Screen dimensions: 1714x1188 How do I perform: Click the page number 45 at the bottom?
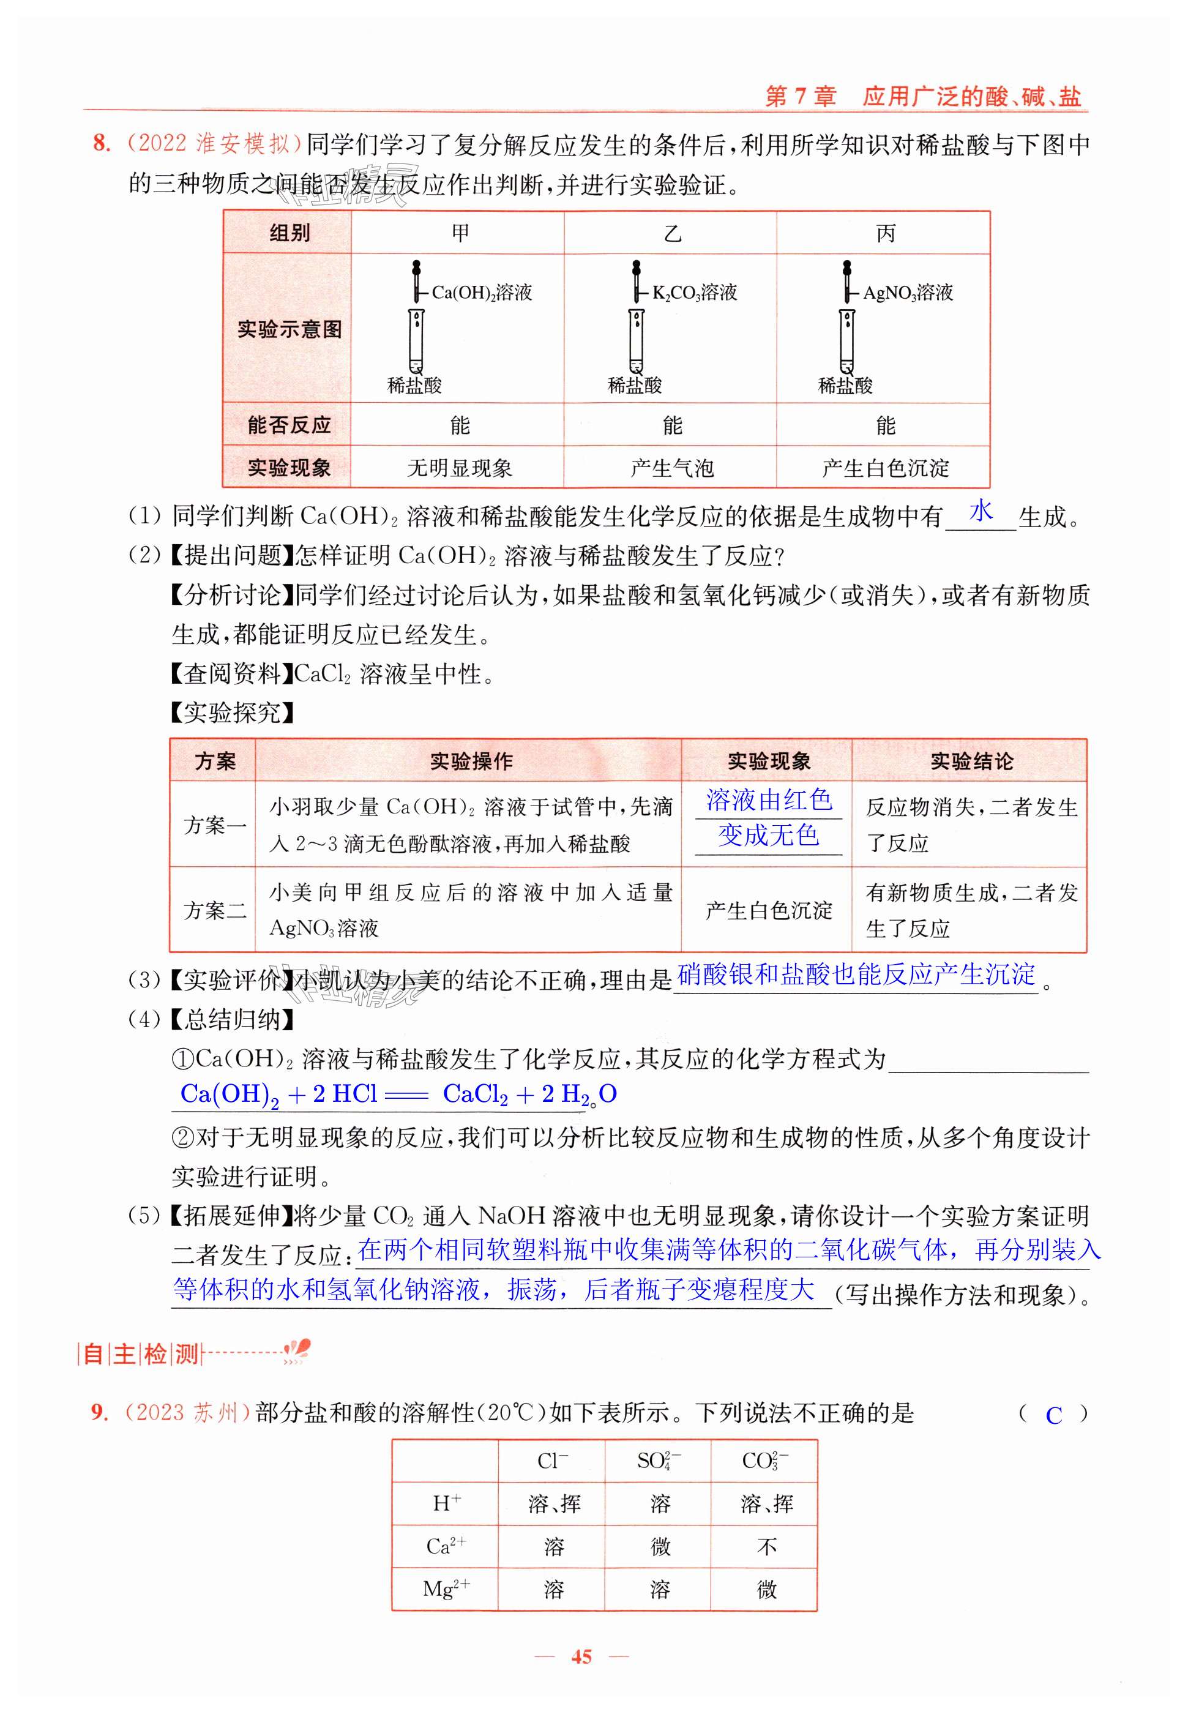click(581, 1656)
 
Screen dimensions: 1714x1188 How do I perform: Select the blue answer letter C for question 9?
click(1053, 1415)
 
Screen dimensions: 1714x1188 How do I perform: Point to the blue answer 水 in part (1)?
click(981, 511)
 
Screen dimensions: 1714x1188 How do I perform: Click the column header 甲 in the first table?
click(460, 233)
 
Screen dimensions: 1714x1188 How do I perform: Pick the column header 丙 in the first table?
click(885, 233)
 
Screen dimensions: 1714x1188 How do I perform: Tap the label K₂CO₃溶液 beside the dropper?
click(695, 293)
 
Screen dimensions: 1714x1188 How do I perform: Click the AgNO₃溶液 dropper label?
click(908, 293)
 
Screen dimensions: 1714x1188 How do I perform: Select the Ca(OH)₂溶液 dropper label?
click(482, 293)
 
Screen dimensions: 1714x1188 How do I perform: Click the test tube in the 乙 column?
click(636, 341)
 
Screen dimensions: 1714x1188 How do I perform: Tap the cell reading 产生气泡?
click(671, 468)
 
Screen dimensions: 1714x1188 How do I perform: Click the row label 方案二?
click(214, 910)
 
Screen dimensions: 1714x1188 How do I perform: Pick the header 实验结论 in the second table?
click(971, 761)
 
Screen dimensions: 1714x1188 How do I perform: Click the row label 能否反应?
click(289, 425)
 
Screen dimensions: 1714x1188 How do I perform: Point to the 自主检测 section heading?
click(140, 1353)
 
